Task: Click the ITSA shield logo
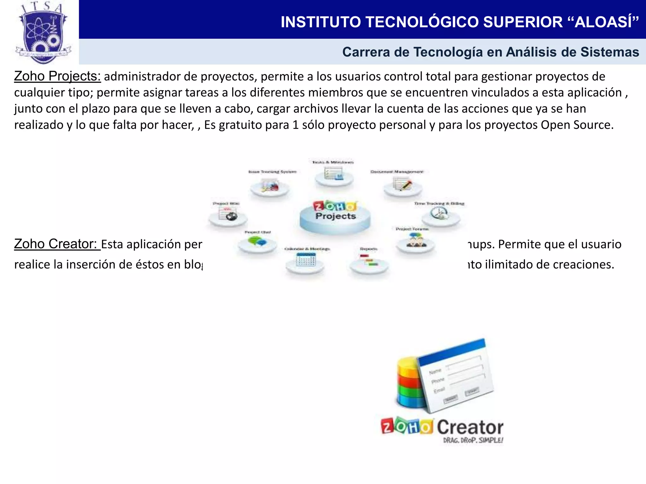(43, 33)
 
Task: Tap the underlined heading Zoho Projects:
(57, 76)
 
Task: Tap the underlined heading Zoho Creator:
(57, 244)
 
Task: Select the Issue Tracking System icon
(270, 186)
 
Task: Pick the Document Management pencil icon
(403, 185)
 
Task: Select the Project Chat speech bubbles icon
(257, 243)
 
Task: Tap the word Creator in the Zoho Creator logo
(470, 428)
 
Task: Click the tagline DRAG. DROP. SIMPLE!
(473, 440)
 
